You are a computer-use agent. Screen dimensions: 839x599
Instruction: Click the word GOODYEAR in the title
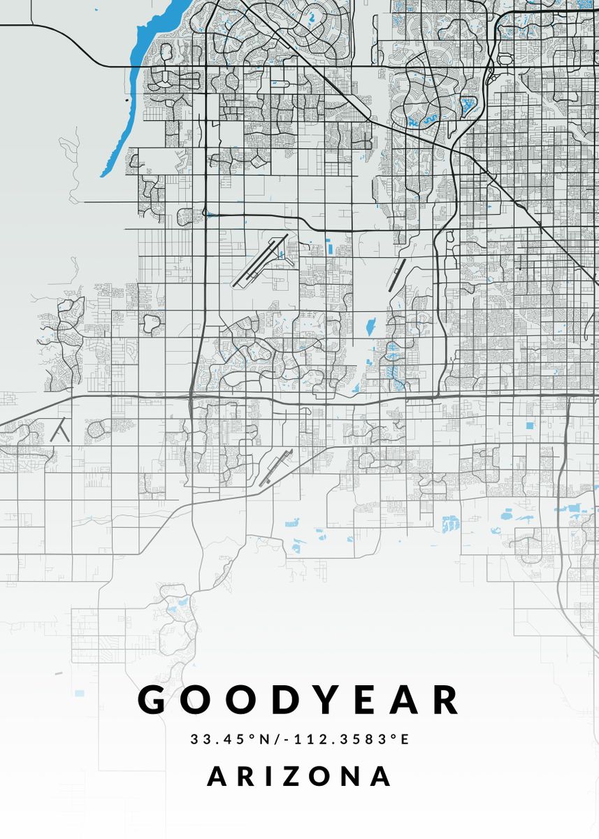click(x=299, y=700)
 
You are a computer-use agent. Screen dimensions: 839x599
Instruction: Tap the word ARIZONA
click(x=299, y=776)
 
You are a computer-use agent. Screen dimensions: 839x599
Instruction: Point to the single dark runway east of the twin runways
click(x=396, y=275)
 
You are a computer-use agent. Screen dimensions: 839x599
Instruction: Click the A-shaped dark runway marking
click(x=61, y=431)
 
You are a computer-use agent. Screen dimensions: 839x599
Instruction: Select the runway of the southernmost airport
click(x=277, y=467)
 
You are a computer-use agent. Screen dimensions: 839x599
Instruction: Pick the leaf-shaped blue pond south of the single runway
click(x=369, y=326)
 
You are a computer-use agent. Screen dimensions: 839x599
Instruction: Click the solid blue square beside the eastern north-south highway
click(x=528, y=424)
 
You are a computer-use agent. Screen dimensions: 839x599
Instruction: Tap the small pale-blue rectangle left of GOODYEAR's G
click(x=79, y=693)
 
